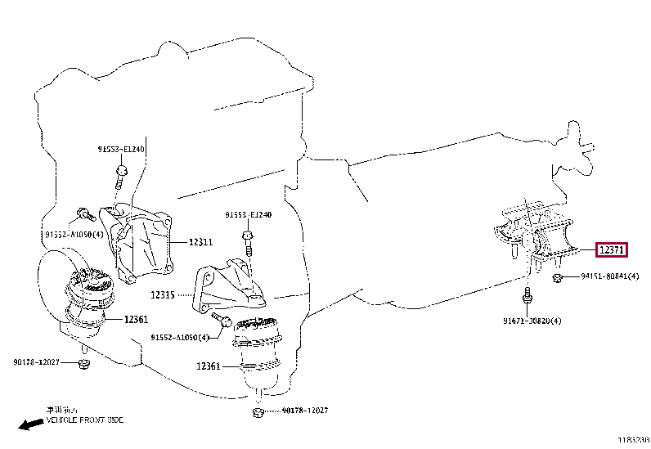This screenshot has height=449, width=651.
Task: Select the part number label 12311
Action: (x=200, y=242)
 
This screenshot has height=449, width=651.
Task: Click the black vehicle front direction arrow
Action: (x=31, y=424)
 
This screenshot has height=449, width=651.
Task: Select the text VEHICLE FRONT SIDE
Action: (x=85, y=420)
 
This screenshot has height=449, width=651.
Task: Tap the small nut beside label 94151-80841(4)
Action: (x=556, y=278)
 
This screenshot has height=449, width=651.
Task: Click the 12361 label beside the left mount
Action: (x=137, y=320)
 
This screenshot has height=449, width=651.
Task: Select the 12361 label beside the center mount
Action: (x=209, y=366)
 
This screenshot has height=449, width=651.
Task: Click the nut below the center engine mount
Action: (x=258, y=410)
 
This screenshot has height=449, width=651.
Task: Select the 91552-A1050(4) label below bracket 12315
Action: (x=180, y=337)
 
